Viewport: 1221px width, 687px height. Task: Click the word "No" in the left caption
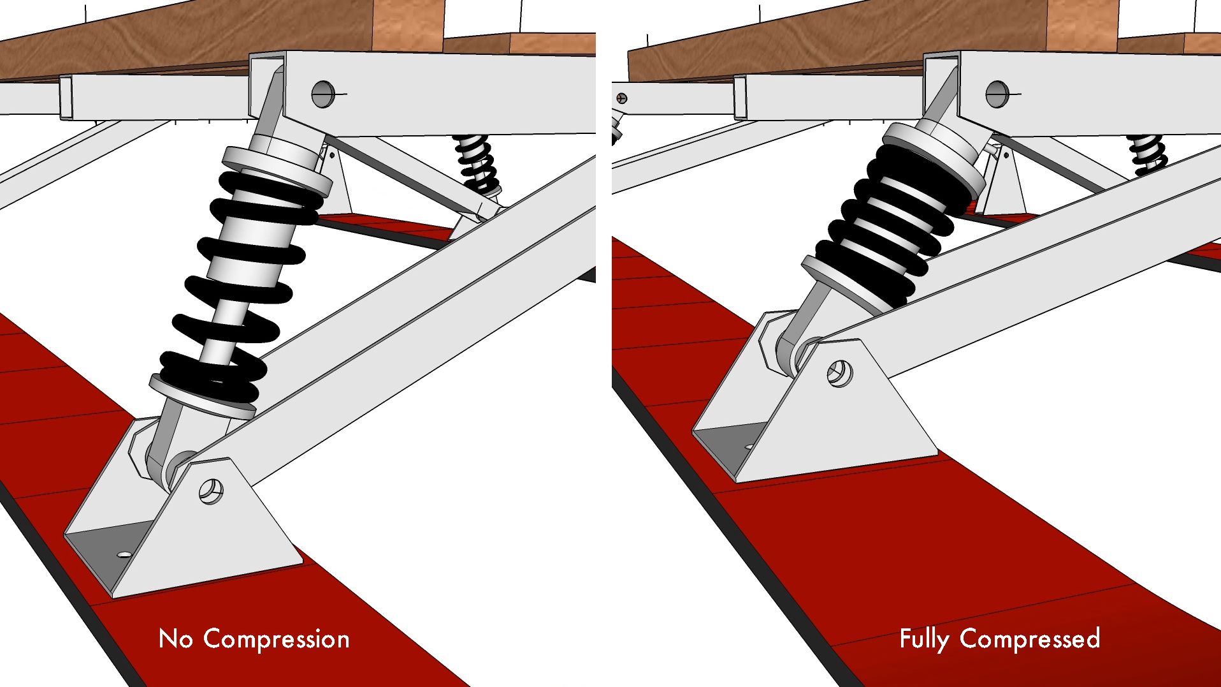click(x=175, y=639)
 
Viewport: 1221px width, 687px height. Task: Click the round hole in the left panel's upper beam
click(x=323, y=94)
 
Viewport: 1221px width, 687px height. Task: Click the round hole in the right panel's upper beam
click(x=997, y=94)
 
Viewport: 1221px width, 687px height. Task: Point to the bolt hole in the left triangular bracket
click(x=211, y=491)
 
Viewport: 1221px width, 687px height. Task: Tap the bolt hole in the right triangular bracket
click(x=839, y=373)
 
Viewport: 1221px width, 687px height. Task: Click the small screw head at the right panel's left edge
click(x=622, y=98)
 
